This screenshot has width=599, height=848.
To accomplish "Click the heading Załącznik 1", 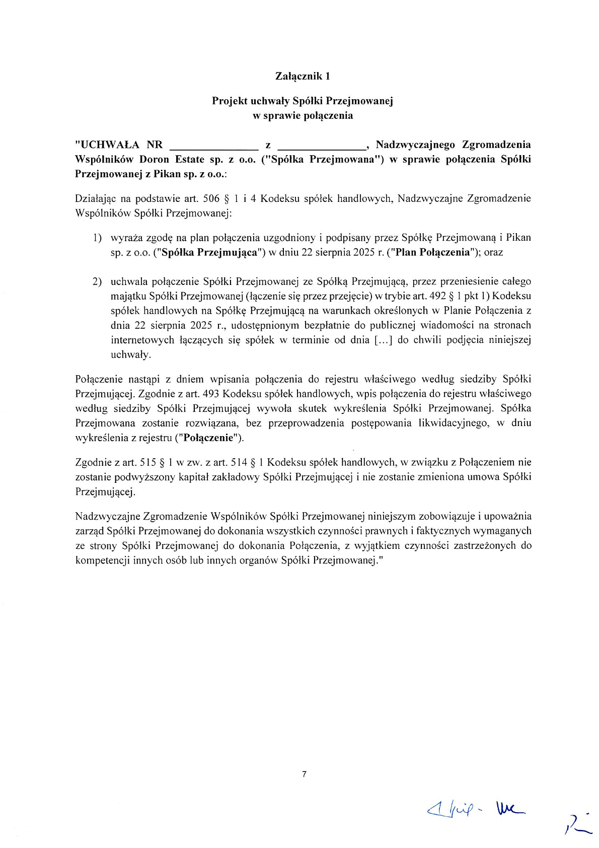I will pos(303,76).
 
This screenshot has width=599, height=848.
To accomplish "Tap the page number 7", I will pos(304,774).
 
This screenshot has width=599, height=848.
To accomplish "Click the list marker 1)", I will pos(97,238).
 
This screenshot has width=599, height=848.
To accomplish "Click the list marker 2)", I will pos(97,281).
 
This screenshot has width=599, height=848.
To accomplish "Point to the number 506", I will pos(211,198).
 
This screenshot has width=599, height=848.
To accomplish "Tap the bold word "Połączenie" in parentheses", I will pos(208,438).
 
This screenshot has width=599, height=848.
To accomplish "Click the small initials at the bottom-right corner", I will pos(577,826).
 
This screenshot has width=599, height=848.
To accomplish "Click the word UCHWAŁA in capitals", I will pos(110,145).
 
